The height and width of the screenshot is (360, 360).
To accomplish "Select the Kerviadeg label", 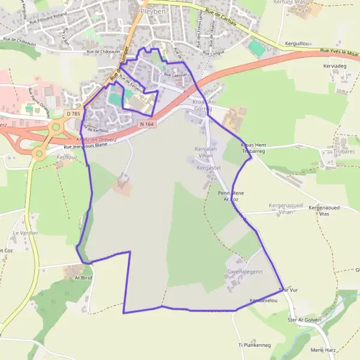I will [x=335, y=66].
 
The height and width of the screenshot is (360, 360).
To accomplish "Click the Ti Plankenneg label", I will [x=255, y=345].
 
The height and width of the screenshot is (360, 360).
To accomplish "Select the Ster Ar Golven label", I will [x=302, y=320].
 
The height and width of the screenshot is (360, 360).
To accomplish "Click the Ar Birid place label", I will [x=83, y=278].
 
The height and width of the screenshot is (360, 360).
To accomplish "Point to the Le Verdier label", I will [x=26, y=232].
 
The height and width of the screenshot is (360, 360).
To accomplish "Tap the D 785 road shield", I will [x=73, y=113].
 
